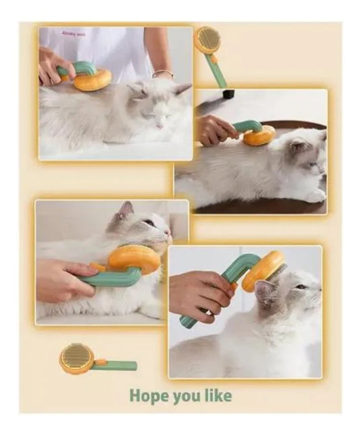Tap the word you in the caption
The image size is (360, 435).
coord(185,396)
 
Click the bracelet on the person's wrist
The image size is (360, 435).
coord(163,73)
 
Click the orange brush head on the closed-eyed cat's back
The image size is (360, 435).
coord(93,80)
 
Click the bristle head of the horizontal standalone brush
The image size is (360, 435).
coord(76,357)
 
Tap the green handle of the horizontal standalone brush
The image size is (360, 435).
coord(118,365)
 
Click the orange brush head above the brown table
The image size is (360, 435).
coord(259,135)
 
